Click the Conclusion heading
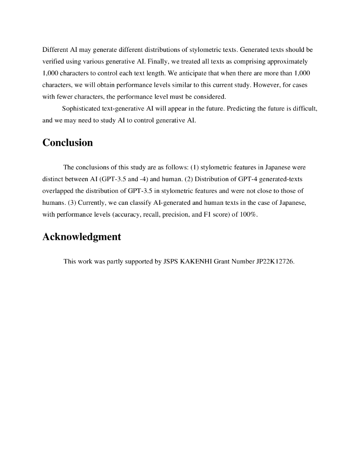pos(67,143)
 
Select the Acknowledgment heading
pos(81,237)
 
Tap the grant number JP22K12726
pos(275,262)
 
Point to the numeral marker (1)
pos(194,167)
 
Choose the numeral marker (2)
pos(189,179)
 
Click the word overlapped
pos(58,191)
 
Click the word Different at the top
pos(55,49)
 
